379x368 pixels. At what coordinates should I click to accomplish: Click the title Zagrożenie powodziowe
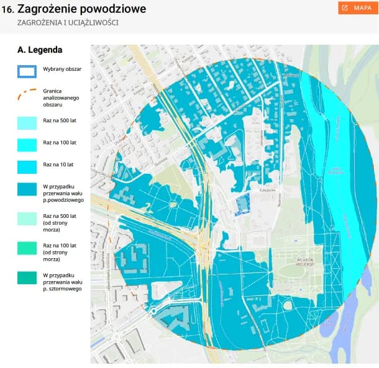click(81, 9)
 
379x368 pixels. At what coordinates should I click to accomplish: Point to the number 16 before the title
click(7, 9)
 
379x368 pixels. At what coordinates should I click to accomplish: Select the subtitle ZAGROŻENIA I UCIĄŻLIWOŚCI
click(68, 22)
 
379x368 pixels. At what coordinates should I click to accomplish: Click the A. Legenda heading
click(40, 50)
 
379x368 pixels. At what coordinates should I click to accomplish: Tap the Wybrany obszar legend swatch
click(27, 71)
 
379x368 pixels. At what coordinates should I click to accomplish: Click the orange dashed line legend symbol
click(27, 96)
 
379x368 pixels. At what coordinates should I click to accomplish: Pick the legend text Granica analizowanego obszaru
click(57, 97)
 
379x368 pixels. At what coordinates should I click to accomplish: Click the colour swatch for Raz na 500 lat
click(27, 123)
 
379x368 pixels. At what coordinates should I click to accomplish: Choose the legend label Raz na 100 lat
click(59, 142)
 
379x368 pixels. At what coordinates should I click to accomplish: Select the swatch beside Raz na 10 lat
click(27, 166)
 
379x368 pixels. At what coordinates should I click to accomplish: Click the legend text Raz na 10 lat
click(58, 165)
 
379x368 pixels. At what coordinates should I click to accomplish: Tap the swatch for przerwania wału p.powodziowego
click(27, 189)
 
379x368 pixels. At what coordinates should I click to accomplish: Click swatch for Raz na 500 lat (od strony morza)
click(27, 219)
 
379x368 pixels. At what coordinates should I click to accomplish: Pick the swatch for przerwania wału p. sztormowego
click(27, 278)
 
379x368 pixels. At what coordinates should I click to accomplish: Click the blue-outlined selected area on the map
click(241, 204)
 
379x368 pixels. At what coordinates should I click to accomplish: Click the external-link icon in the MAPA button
click(345, 8)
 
